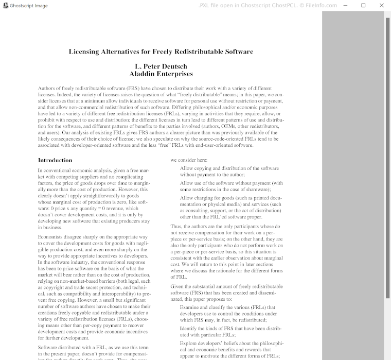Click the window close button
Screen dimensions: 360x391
coord(381,5)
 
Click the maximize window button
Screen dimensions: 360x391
coord(363,5)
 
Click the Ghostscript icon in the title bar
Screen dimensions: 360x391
coord(5,5)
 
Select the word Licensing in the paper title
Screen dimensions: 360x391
coord(85,52)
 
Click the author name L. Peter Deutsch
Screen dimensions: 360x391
coord(161,66)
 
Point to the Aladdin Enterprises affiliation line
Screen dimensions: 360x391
coord(161,74)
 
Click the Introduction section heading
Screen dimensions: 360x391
coord(55,160)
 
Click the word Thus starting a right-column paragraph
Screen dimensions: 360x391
coord(176,227)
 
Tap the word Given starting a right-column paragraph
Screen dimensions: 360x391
coord(177,286)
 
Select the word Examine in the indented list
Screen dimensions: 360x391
coord(190,307)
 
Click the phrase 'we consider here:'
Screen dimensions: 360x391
coord(189,160)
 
